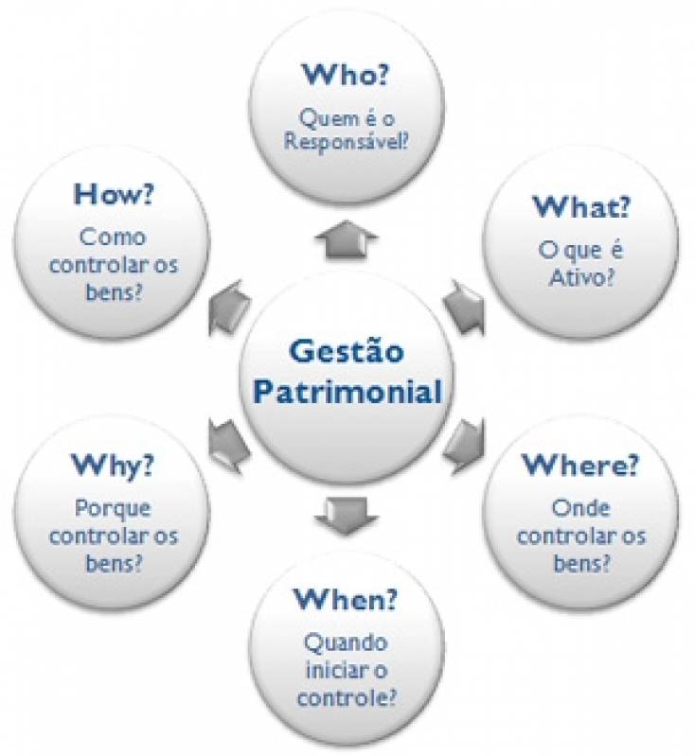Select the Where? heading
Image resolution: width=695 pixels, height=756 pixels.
[x=579, y=465]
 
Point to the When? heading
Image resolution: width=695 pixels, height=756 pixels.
[x=346, y=599]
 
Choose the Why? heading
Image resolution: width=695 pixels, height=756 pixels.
[x=113, y=465]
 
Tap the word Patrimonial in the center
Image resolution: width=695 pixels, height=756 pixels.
[x=347, y=390]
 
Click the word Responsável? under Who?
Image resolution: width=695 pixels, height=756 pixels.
[x=347, y=144]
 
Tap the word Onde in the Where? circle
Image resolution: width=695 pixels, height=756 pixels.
[x=580, y=509]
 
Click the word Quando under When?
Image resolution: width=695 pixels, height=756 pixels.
[x=346, y=643]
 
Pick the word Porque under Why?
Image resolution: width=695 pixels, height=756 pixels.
[x=114, y=509]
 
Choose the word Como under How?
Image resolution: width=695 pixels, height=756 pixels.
[x=114, y=237]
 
